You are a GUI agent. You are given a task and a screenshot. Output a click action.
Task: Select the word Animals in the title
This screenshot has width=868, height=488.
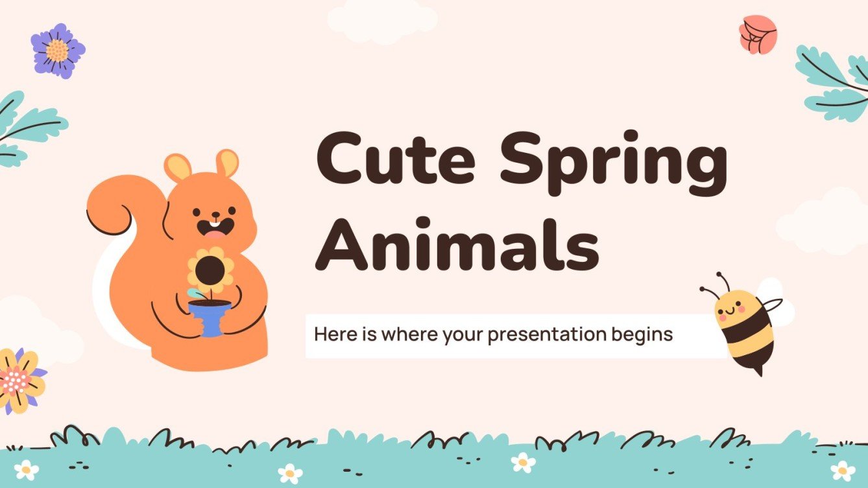[x=457, y=242]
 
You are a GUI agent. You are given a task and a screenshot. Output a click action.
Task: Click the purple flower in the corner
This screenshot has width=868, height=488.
[x=58, y=51]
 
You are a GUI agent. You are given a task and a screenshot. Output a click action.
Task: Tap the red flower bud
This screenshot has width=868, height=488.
[x=758, y=34]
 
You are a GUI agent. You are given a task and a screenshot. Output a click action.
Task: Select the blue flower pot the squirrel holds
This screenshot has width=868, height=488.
[x=210, y=317]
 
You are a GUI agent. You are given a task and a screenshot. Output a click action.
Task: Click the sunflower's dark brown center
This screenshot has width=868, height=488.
[x=210, y=269]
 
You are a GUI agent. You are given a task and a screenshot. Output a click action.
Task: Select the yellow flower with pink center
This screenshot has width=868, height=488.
[x=19, y=379]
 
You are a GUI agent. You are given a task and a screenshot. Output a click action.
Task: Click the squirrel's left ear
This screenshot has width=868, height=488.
[x=177, y=167]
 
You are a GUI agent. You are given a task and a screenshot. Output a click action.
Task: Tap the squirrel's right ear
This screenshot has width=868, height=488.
[x=227, y=163]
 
